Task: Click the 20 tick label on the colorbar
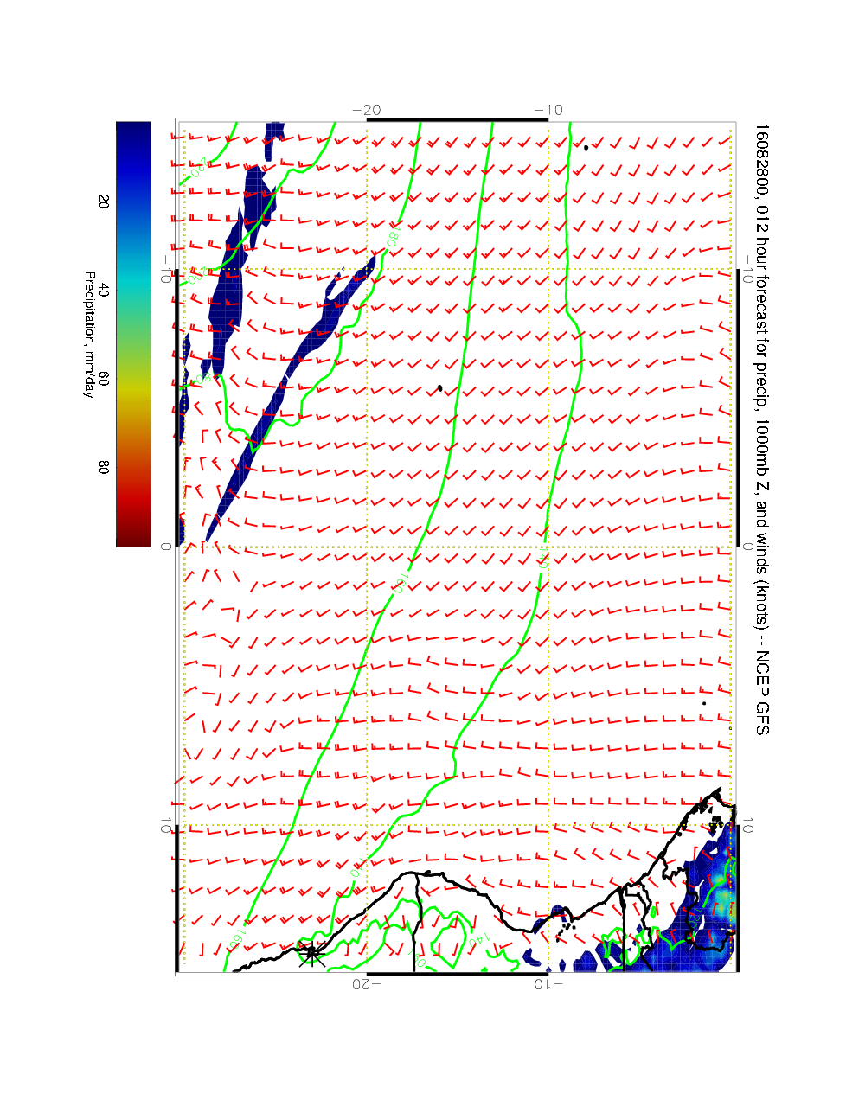coord(104,202)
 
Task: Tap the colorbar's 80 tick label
coord(104,467)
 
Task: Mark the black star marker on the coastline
coord(311,954)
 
